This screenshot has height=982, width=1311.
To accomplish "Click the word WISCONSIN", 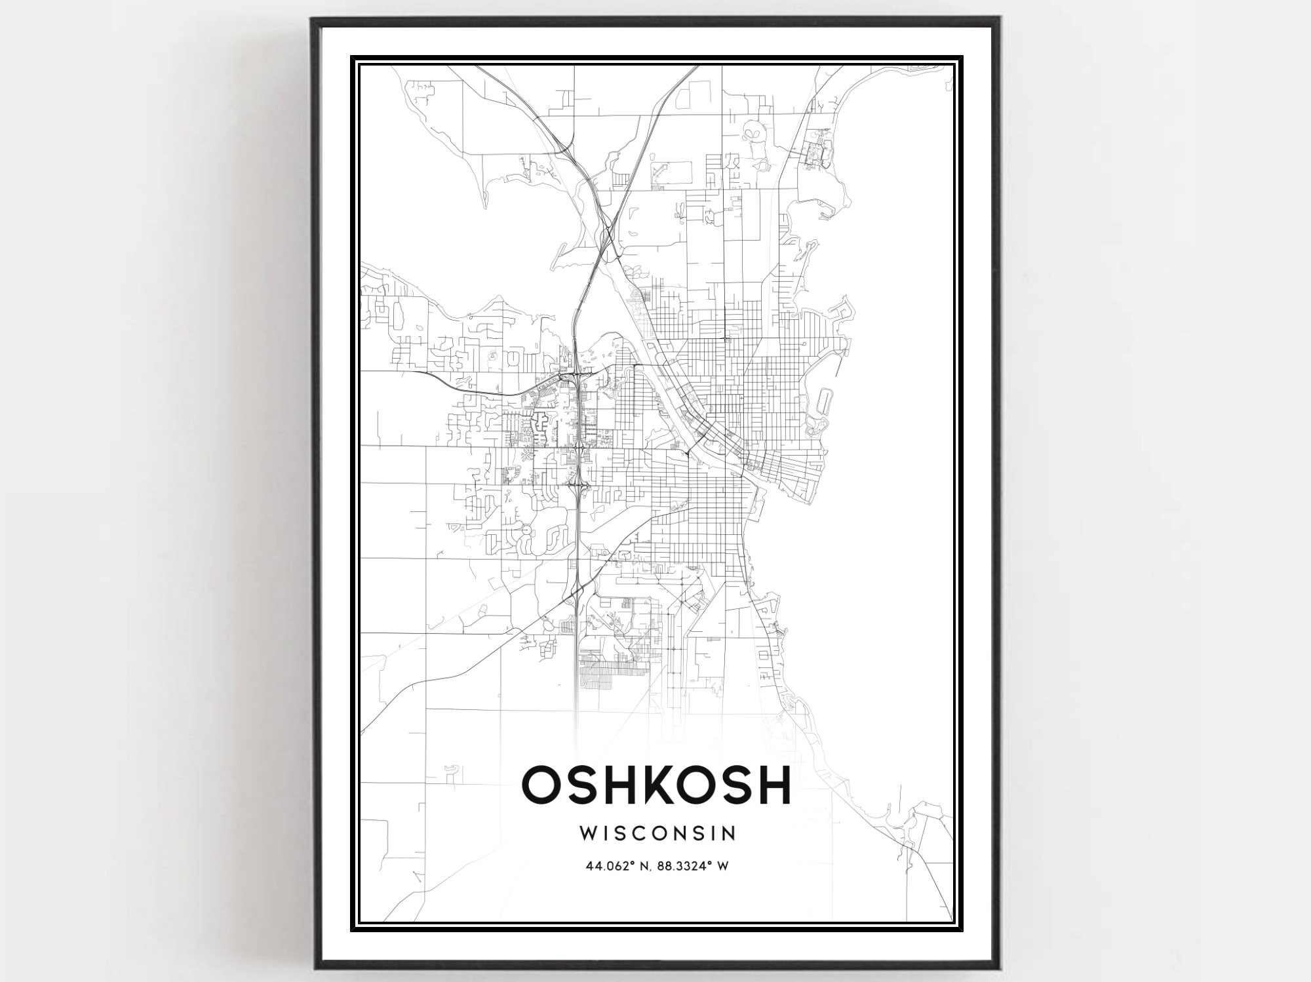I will pyautogui.click(x=657, y=833).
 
